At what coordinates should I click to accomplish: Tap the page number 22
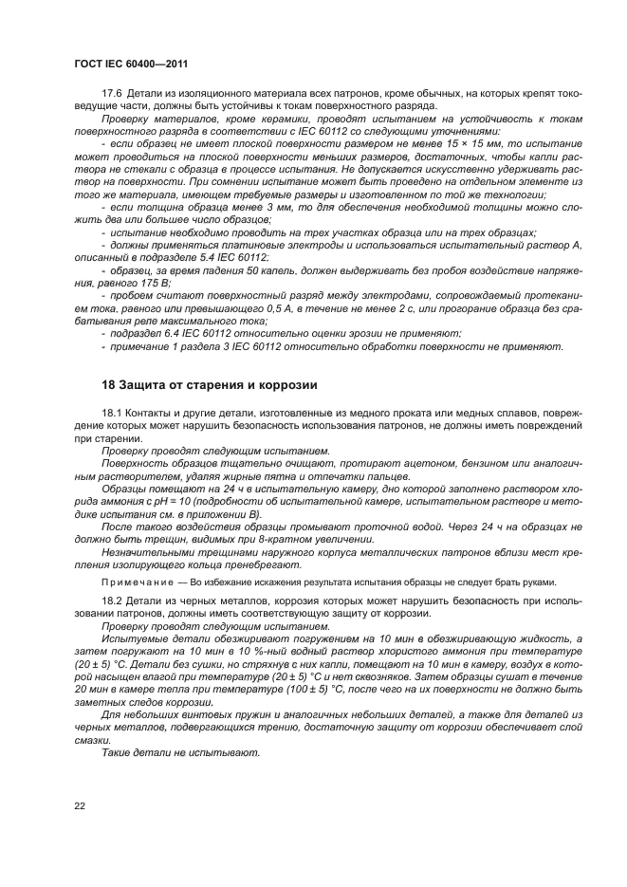coord(80,805)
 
